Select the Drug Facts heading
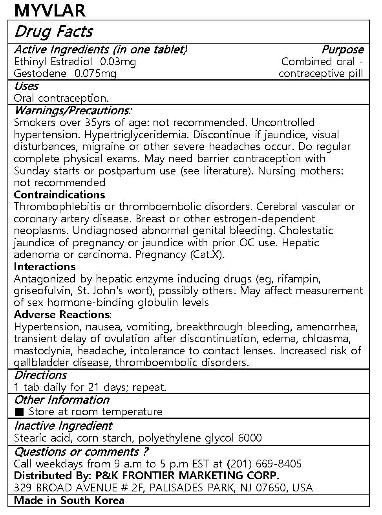click(53, 32)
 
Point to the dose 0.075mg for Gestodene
click(95, 73)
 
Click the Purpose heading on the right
click(342, 49)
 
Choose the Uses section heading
click(26, 86)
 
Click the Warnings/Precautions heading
click(73, 110)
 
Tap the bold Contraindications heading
click(59, 194)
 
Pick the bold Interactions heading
click(45, 267)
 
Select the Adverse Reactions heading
click(62, 315)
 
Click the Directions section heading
click(40, 375)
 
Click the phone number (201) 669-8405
click(264, 464)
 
